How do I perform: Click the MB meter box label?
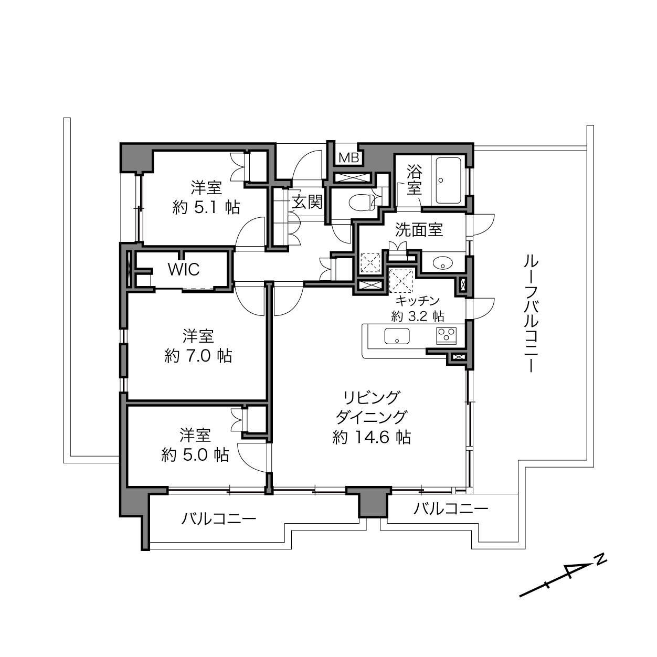[x=349, y=157]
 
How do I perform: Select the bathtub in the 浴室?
[x=448, y=181]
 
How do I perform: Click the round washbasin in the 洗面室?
[x=442, y=262]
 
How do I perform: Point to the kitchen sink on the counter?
[x=397, y=336]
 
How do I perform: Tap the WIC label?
[x=184, y=270]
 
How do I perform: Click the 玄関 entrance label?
[x=307, y=202]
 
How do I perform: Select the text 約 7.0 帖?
[x=198, y=357]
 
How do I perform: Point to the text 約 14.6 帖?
[x=372, y=437]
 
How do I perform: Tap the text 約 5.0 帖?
[x=195, y=455]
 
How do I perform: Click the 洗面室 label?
[x=419, y=229]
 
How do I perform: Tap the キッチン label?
[x=417, y=301]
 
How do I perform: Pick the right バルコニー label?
[x=451, y=510]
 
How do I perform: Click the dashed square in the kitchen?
[x=401, y=281]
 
